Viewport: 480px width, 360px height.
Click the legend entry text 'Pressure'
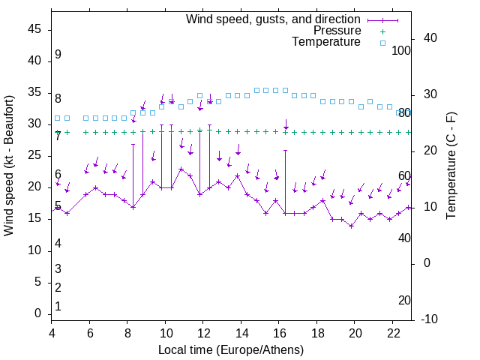(337, 31)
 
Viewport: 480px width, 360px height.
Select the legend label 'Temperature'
(326, 42)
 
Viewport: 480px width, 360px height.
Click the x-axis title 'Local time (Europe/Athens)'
(231, 350)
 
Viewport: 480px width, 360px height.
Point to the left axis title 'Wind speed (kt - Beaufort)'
(9, 166)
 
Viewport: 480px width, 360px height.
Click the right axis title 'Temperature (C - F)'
(451, 166)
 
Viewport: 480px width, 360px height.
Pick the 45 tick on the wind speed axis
(34, 29)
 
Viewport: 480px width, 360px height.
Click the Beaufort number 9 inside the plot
(58, 55)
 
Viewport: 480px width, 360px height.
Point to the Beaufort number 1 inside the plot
(58, 306)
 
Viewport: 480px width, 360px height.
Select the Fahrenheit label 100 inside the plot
(402, 50)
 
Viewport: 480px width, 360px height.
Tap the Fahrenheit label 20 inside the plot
(404, 300)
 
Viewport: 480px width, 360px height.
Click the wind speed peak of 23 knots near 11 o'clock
(181, 169)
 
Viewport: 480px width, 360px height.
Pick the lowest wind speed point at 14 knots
(351, 226)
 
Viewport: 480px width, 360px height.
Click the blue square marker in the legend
(382, 43)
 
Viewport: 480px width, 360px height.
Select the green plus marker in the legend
(382, 31)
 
